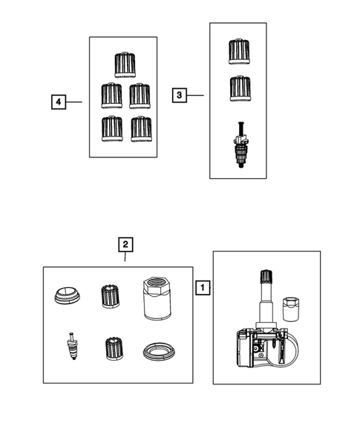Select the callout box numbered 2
pos(125,243)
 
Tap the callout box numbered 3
pos(179,95)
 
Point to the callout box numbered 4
pos(56,101)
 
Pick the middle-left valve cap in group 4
pos(111,95)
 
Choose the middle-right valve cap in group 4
pos(140,95)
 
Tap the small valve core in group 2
pos(72,346)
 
